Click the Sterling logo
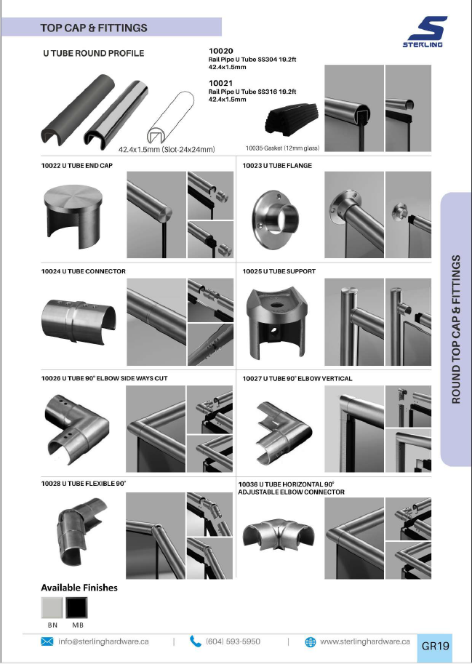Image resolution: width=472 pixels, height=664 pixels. pyautogui.click(x=425, y=32)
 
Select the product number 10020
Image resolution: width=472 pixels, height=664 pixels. pyautogui.click(x=220, y=51)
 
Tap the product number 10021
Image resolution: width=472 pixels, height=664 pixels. pyautogui.click(x=220, y=83)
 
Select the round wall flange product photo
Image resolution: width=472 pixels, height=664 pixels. pyautogui.click(x=275, y=216)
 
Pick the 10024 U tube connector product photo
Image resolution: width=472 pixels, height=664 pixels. pyautogui.click(x=79, y=320)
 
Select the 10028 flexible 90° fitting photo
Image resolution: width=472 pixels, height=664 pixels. pyautogui.click(x=81, y=531)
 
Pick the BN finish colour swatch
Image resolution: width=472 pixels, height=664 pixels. pyautogui.click(x=52, y=608)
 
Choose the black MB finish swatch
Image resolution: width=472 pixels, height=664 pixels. pyautogui.click(x=77, y=608)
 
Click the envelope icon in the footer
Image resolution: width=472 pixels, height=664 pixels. pyautogui.click(x=47, y=641)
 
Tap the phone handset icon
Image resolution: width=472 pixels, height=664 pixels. pyautogui.click(x=195, y=641)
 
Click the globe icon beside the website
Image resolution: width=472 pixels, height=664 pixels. pyautogui.click(x=311, y=642)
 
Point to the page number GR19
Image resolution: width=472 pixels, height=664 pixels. pyautogui.click(x=435, y=647)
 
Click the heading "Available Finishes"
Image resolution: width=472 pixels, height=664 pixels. pyautogui.click(x=79, y=588)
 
